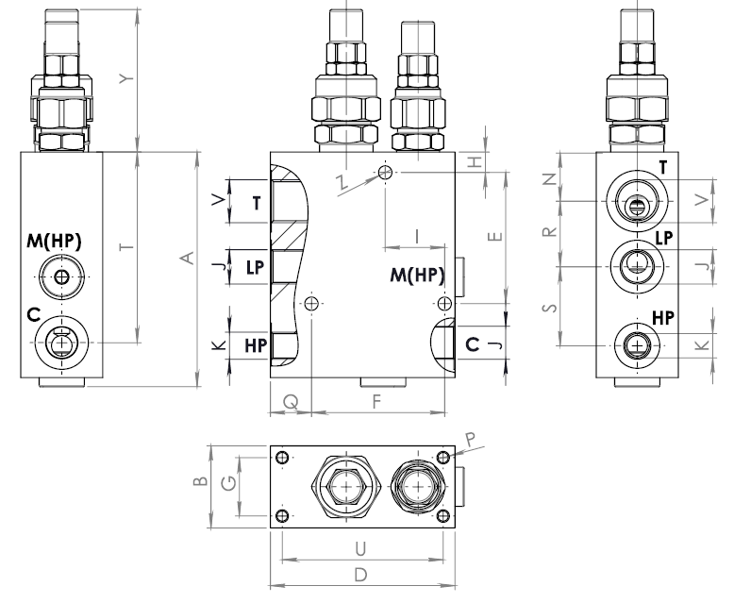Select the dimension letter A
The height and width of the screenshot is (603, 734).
(x=187, y=258)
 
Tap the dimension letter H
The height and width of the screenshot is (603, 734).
(x=475, y=162)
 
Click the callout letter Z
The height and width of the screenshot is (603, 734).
(x=342, y=181)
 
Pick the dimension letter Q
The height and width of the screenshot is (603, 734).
(x=291, y=402)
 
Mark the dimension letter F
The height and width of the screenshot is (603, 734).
(x=376, y=402)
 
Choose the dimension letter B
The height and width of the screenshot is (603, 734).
(x=200, y=480)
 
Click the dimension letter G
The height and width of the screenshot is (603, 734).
(x=229, y=482)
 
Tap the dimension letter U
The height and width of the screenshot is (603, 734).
(x=360, y=548)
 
